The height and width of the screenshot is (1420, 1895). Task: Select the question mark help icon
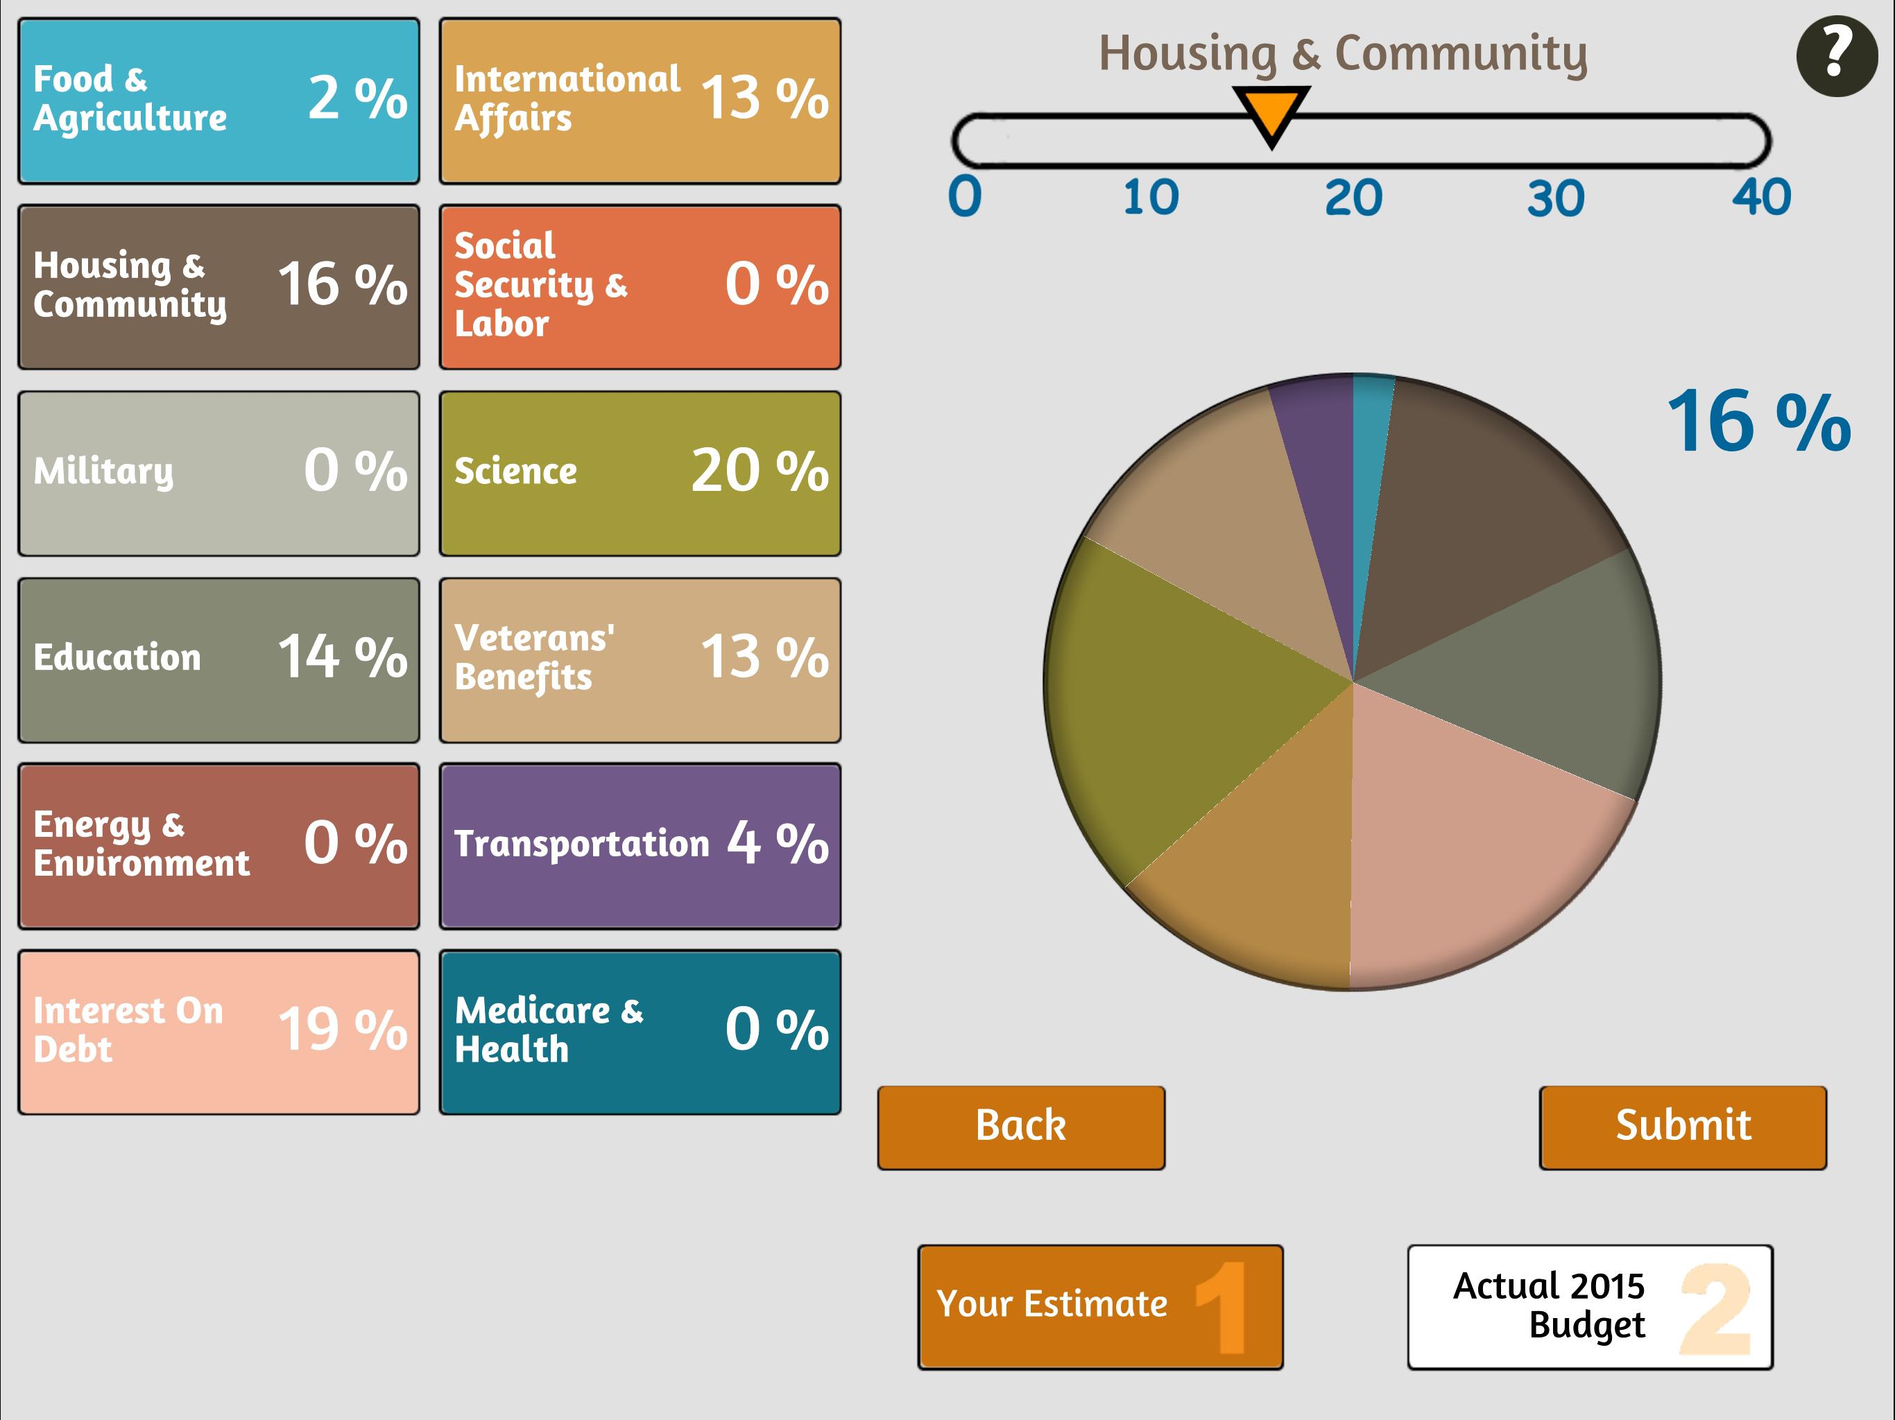[1836, 55]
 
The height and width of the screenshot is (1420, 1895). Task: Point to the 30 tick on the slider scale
[1556, 199]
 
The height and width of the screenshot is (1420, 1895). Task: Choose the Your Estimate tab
[1100, 1306]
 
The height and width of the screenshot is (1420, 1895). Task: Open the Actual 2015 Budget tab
[1589, 1306]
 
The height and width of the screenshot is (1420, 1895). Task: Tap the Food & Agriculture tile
[218, 101]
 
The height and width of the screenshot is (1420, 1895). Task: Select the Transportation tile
[640, 845]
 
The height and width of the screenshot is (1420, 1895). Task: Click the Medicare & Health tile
[640, 1031]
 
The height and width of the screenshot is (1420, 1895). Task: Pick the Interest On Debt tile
[218, 1031]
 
